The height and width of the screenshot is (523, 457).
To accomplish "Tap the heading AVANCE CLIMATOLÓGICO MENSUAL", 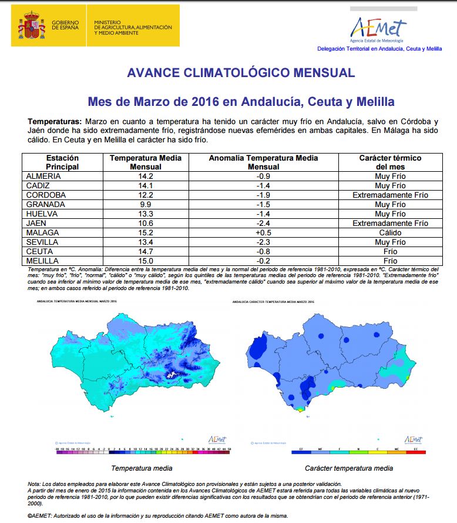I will (241, 73).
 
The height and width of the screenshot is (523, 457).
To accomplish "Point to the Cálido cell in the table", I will (390, 232).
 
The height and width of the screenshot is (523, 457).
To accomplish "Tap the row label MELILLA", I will (42, 261).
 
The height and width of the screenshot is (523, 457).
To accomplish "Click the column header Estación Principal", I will (62, 162).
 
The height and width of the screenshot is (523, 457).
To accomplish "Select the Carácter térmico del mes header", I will (390, 162).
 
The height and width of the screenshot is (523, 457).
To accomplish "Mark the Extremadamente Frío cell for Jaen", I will (390, 223).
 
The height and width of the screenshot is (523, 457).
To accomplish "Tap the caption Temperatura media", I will (142, 468).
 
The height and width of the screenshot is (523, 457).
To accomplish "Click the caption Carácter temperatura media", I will (349, 468).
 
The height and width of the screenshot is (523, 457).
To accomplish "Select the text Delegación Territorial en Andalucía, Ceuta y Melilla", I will (379, 49).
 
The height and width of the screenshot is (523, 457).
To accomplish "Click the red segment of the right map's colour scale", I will (415, 452).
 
